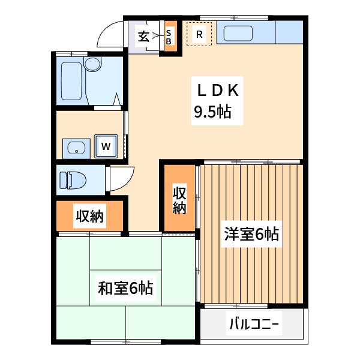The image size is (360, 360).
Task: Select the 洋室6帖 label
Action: (x=251, y=234)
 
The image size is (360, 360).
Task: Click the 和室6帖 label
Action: (x=126, y=288)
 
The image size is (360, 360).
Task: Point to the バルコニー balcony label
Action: (x=253, y=326)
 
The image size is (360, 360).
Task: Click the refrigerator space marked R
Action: (x=199, y=34)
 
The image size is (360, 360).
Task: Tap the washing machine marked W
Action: (x=106, y=146)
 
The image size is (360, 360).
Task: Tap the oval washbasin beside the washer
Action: (x=76, y=147)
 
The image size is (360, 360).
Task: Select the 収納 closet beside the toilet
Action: (x=89, y=216)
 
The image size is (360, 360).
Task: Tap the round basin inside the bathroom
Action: (x=92, y=64)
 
